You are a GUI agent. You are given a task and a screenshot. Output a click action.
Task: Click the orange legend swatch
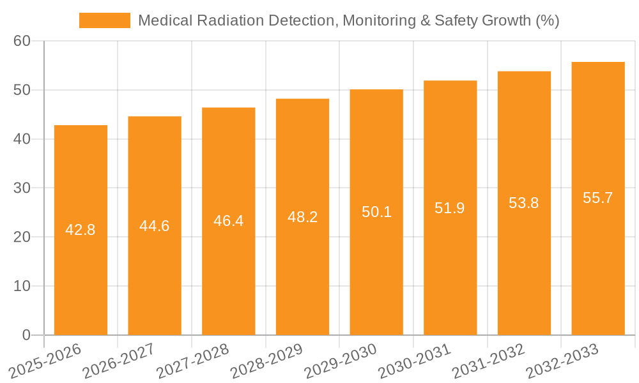(104, 20)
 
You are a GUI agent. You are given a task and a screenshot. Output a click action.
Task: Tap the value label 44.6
(155, 226)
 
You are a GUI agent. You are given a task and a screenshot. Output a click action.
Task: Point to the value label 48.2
(302, 217)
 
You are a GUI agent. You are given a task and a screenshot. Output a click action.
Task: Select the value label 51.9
(450, 207)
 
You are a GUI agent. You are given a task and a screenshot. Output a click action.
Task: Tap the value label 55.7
(598, 198)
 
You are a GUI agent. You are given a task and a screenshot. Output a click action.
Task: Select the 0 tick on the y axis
(26, 335)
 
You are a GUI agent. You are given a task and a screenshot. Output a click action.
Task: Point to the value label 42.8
(81, 230)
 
